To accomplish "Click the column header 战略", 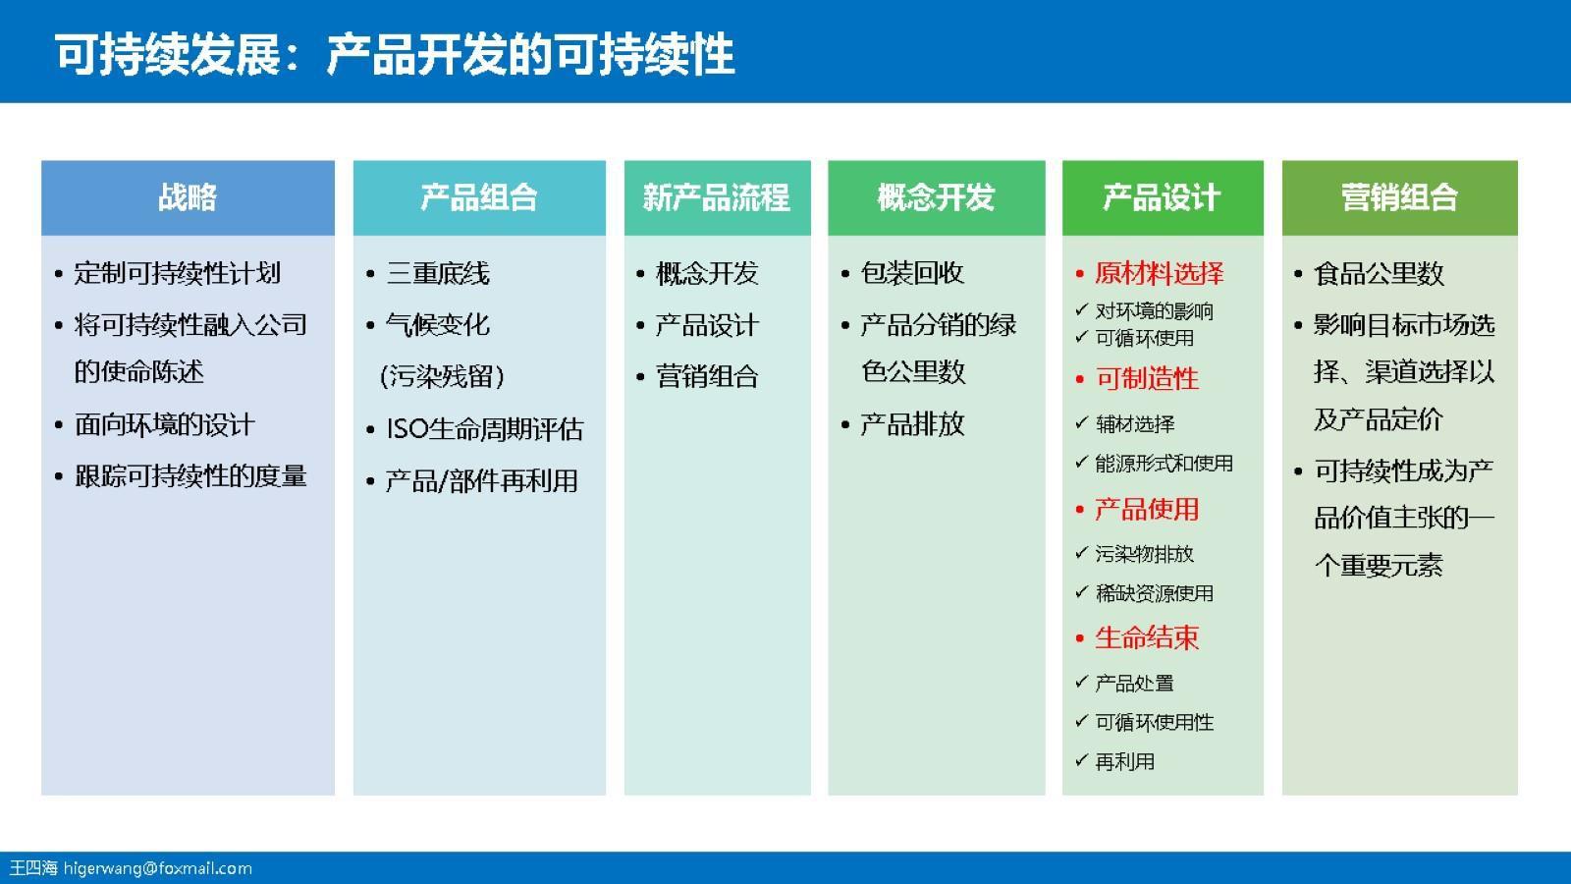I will [188, 197].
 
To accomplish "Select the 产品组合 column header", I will [479, 197].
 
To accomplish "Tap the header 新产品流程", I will [717, 197].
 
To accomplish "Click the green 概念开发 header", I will [936, 197].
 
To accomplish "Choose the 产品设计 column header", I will [1162, 197].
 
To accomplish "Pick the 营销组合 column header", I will [1399, 197].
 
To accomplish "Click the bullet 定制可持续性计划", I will [178, 273].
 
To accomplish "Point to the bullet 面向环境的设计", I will [164, 424].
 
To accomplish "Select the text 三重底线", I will [438, 273].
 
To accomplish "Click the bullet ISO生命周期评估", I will [484, 429].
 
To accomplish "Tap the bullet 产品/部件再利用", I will [481, 480].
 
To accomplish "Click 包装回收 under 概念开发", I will [912, 273].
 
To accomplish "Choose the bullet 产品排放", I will [912, 424].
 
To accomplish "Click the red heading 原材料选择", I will [1159, 273].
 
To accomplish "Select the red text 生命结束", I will [1147, 637].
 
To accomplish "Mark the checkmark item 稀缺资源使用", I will [1154, 593].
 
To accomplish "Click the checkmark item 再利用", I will [1124, 761].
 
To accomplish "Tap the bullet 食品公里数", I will [1379, 273].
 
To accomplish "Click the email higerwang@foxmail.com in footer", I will [158, 868].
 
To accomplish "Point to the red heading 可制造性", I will [1147, 378].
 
